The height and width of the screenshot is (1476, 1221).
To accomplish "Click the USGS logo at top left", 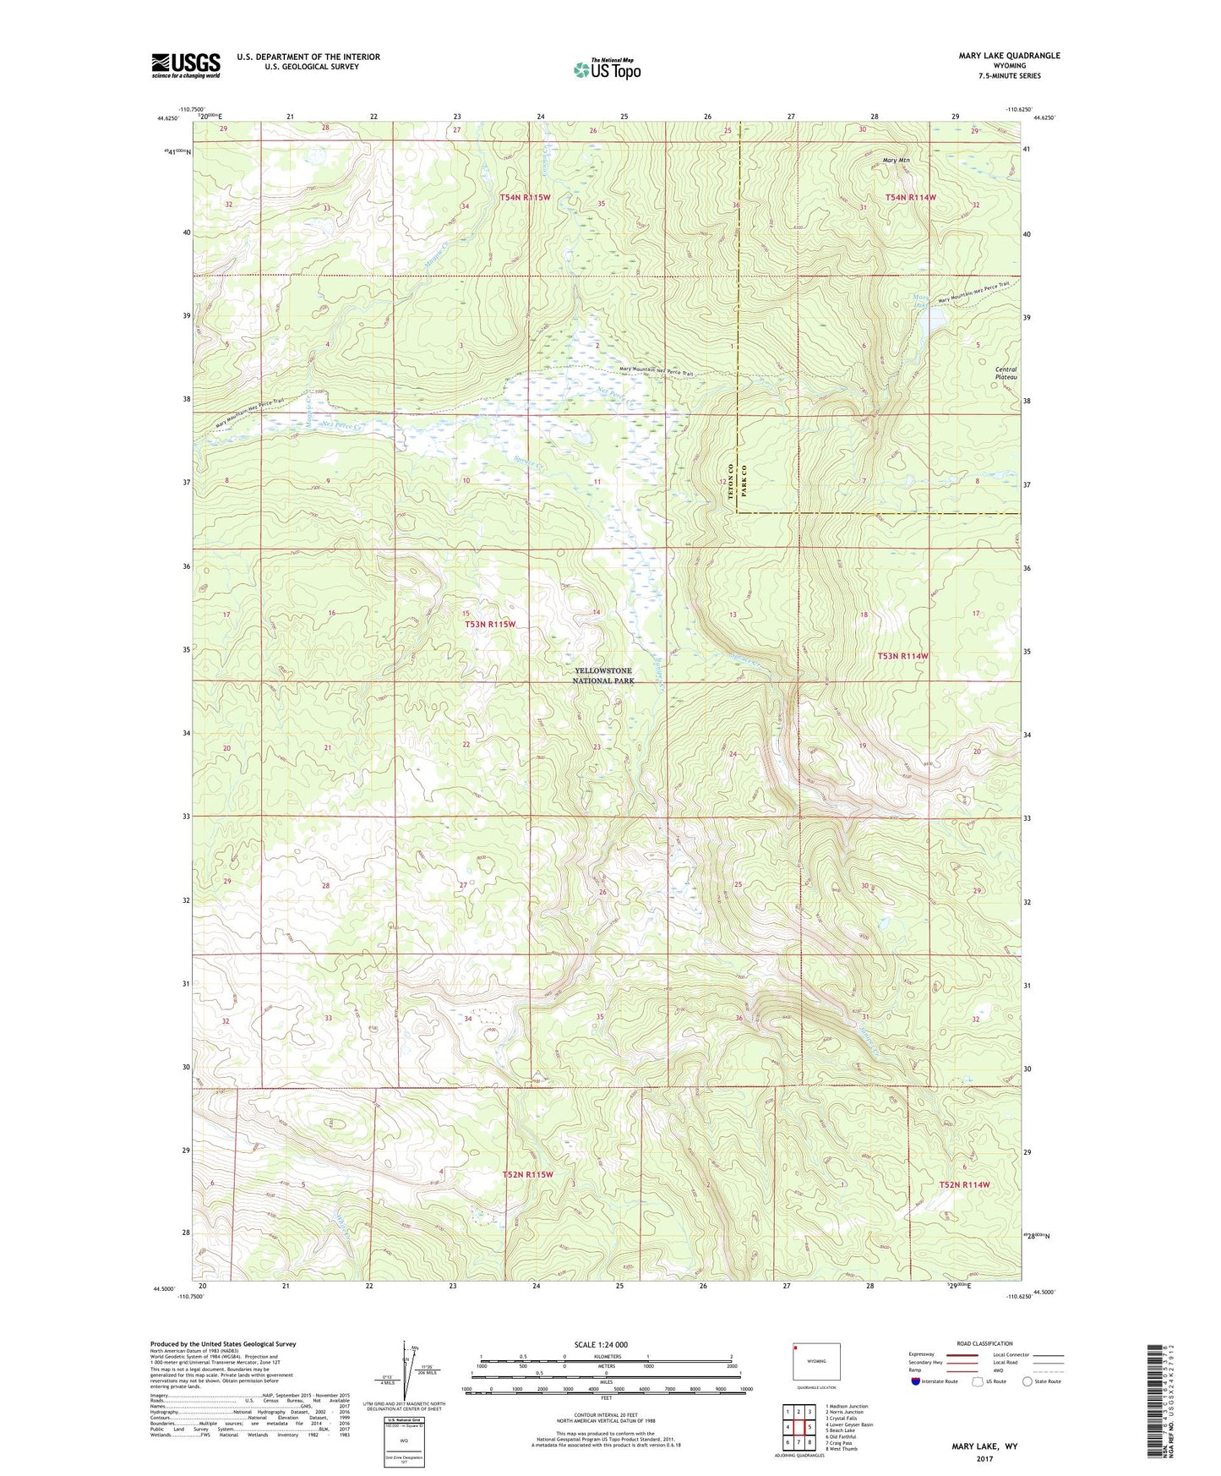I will click(x=185, y=64).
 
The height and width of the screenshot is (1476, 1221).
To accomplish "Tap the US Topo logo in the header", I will click(x=606, y=69).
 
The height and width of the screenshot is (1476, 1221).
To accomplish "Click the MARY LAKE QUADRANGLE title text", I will click(x=1009, y=56).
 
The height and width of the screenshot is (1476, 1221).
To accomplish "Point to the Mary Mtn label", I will click(x=895, y=160).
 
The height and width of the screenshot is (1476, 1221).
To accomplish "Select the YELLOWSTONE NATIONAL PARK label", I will click(x=602, y=675).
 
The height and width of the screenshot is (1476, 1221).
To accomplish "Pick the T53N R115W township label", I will click(x=490, y=624).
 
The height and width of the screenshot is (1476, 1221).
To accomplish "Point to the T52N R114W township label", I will click(x=964, y=1184).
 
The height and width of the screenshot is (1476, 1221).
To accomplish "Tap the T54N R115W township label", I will click(x=525, y=197).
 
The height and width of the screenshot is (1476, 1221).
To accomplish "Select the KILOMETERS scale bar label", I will click(x=606, y=1356).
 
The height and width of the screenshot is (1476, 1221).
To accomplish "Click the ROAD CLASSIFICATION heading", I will click(x=984, y=1343).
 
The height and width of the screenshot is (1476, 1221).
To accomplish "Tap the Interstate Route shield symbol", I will click(x=916, y=1380).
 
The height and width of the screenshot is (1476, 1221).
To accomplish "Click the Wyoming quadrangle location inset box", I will click(x=816, y=1364).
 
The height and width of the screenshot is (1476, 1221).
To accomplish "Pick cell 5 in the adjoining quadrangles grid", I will click(x=809, y=1427).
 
